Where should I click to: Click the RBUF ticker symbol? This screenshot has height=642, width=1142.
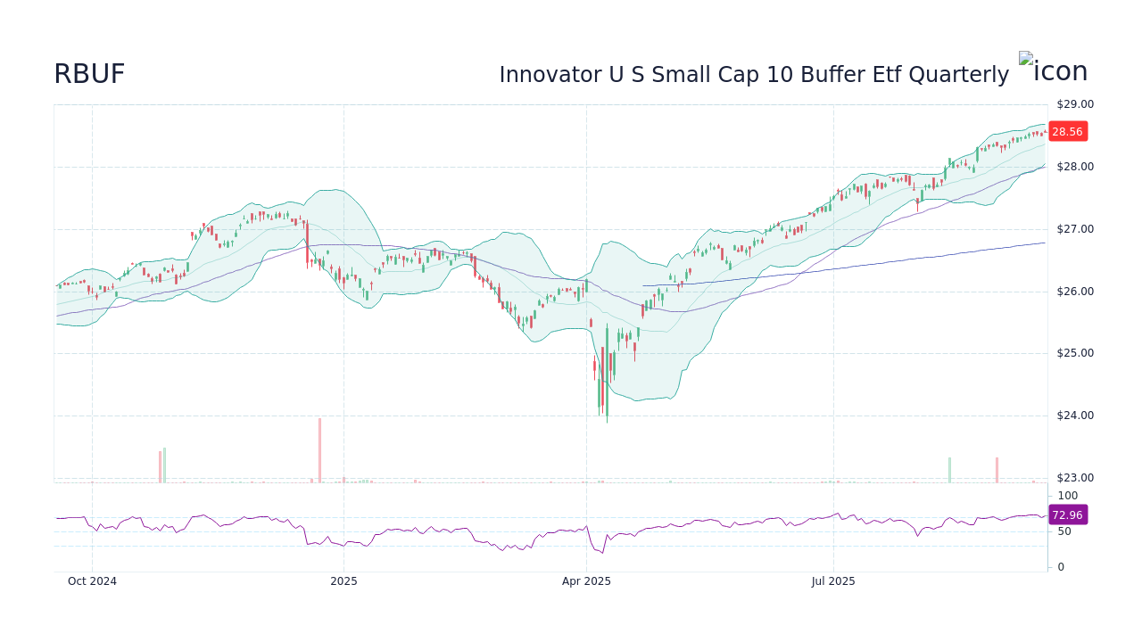pyautogui.click(x=89, y=74)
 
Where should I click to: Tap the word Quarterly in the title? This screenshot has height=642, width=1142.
pyautogui.click(x=958, y=75)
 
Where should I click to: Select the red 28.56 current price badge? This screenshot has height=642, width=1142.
pyautogui.click(x=1067, y=131)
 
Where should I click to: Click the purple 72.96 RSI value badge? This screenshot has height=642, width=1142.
pyautogui.click(x=1067, y=514)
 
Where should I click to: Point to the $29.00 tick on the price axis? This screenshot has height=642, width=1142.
pyautogui.click(x=1074, y=104)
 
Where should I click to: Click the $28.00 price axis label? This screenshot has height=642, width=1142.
pyautogui.click(x=1074, y=167)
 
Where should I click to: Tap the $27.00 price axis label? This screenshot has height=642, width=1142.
pyautogui.click(x=1074, y=229)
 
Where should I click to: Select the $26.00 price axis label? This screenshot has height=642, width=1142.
pyautogui.click(x=1074, y=292)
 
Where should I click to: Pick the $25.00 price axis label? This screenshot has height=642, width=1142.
pyautogui.click(x=1074, y=353)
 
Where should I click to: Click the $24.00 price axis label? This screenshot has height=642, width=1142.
pyautogui.click(x=1074, y=416)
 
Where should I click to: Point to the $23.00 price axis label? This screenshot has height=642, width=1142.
pyautogui.click(x=1074, y=478)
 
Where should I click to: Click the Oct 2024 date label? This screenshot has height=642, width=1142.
pyautogui.click(x=92, y=581)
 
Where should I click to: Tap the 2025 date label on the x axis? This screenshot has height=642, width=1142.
pyautogui.click(x=343, y=581)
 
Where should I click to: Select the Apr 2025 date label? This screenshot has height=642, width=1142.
pyautogui.click(x=586, y=581)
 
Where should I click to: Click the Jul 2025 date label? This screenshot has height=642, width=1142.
pyautogui.click(x=833, y=581)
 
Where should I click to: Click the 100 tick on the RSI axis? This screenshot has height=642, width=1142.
pyautogui.click(x=1068, y=496)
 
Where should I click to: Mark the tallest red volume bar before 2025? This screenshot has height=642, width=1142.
pyautogui.click(x=319, y=450)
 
